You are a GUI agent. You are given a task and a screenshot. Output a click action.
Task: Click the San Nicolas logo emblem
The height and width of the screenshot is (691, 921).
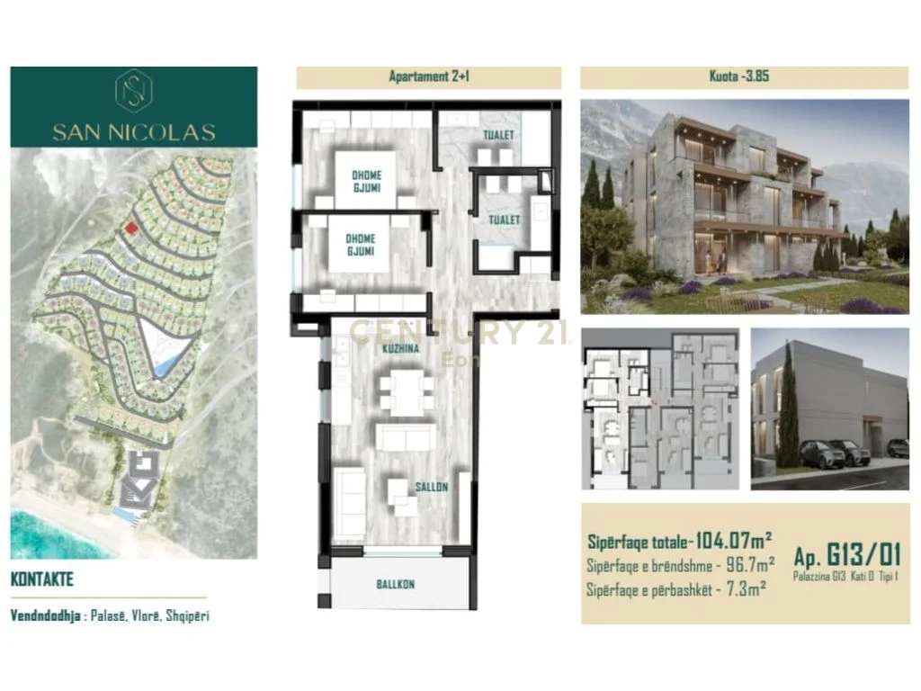pyautogui.click(x=133, y=91)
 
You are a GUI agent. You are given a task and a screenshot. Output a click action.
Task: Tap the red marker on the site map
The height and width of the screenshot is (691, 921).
pyautogui.click(x=131, y=229)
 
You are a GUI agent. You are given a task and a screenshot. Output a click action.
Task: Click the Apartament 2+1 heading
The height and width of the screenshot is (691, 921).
pyautogui.click(x=429, y=77)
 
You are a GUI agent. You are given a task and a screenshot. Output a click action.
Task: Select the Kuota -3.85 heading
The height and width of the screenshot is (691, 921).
pyautogui.click(x=744, y=77)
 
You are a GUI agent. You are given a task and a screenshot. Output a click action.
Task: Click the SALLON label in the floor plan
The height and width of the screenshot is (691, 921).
pyautogui.click(x=431, y=487)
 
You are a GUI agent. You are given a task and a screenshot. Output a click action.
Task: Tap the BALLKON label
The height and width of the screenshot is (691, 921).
pyautogui.click(x=396, y=585)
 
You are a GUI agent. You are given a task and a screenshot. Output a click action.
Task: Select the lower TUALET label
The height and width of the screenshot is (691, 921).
pyautogui.click(x=504, y=219)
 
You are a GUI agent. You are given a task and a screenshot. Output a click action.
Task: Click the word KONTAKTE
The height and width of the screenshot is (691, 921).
pyautogui.click(x=41, y=580)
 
